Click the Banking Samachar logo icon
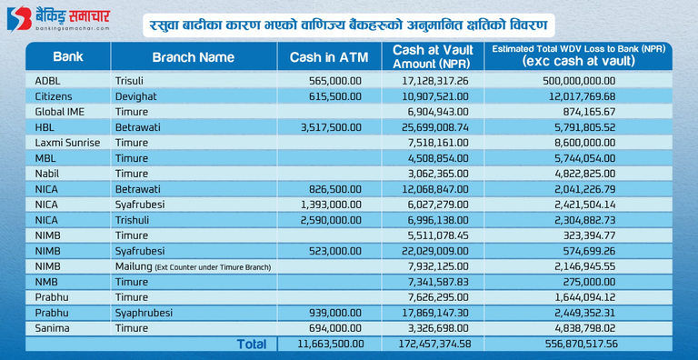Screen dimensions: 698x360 click(x=19, y=19)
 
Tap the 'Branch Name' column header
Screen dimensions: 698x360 click(x=194, y=57)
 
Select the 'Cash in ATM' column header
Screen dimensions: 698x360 click(x=328, y=57)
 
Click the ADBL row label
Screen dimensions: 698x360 click(x=46, y=81)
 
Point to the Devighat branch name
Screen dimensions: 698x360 click(x=135, y=96)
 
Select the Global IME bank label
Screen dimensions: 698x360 click(x=59, y=112)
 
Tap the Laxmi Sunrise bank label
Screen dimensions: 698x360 click(x=67, y=143)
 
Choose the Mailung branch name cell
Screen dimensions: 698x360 click(x=193, y=267)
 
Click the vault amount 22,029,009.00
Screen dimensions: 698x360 click(x=435, y=251)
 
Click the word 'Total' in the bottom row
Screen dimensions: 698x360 click(x=252, y=344)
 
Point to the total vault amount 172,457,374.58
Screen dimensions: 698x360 click(x=433, y=344)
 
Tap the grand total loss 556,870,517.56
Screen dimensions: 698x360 click(x=580, y=344)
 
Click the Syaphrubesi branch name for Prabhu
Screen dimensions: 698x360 click(x=144, y=314)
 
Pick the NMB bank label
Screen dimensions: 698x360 click(x=46, y=282)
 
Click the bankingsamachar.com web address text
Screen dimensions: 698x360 click(x=72, y=28)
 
